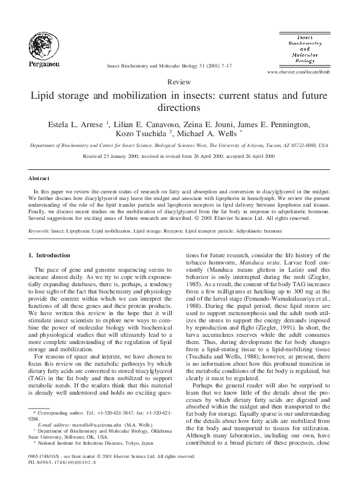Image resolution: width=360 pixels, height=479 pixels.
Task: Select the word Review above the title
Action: point(179,81)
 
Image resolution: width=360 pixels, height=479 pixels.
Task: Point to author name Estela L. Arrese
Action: point(75,125)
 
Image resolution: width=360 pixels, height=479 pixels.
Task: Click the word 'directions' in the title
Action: point(179,109)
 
